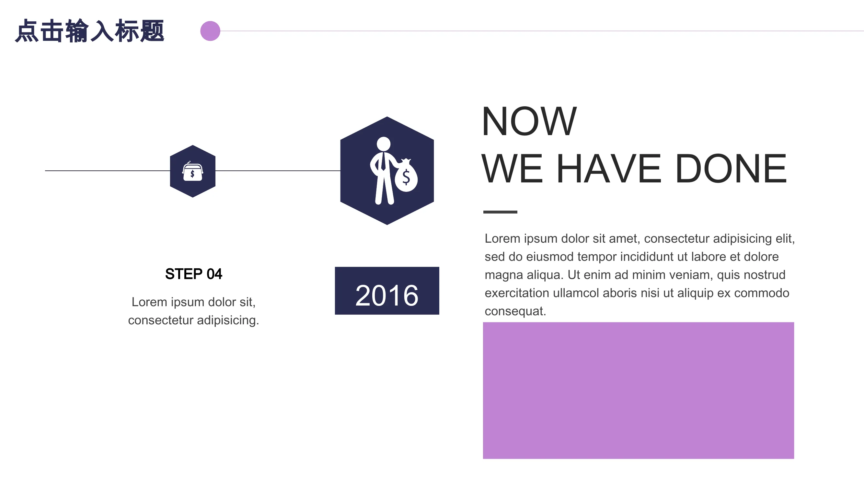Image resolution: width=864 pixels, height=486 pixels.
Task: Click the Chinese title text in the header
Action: click(89, 31)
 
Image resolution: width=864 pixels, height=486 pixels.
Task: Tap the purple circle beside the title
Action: click(210, 31)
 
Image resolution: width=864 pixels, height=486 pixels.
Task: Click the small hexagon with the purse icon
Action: click(192, 171)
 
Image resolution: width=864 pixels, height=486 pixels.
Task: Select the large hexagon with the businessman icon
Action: click(387, 171)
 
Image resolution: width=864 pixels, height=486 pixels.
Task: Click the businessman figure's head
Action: click(384, 144)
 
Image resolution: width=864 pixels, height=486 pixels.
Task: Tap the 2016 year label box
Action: click(387, 291)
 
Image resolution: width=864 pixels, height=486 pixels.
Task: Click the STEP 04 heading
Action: click(193, 274)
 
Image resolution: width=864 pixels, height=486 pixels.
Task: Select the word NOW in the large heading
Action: click(529, 121)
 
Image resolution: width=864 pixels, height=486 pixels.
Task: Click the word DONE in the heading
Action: click(731, 168)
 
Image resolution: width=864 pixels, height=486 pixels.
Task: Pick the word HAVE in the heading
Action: click(609, 168)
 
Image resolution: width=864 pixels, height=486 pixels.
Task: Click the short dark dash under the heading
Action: click(500, 212)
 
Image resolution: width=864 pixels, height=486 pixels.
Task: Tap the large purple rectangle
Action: click(638, 390)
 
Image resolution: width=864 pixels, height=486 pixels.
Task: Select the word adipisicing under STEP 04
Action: click(228, 320)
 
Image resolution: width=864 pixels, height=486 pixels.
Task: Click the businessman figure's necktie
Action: click(383, 162)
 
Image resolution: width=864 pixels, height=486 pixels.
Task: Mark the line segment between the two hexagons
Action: click(278, 171)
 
